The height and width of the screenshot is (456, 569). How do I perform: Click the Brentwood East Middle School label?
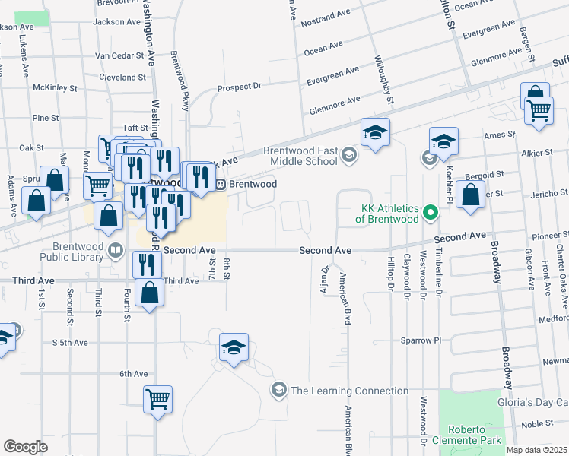click(300, 156)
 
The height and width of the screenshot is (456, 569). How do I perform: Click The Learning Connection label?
click(349, 391)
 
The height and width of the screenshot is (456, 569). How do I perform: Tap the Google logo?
click(25, 447)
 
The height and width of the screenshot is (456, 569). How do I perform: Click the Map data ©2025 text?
click(537, 450)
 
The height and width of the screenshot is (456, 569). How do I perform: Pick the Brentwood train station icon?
click(219, 184)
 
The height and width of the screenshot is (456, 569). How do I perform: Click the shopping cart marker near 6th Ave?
click(157, 398)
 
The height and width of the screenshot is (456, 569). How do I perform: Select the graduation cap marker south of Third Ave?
click(234, 349)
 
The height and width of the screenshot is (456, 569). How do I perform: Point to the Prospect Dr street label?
click(239, 87)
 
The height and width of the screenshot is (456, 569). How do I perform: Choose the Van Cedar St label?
click(119, 55)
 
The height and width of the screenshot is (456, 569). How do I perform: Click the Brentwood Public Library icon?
click(116, 250)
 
